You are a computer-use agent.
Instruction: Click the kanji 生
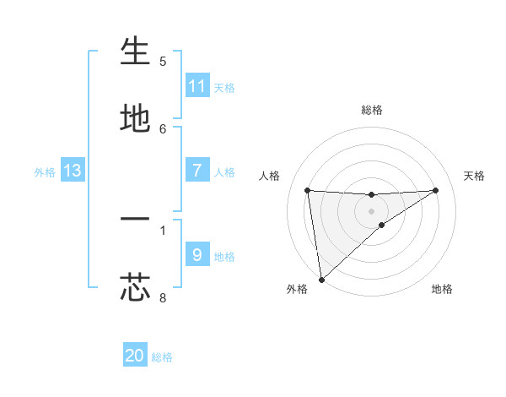click(135, 52)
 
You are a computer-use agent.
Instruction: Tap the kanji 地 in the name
click(135, 119)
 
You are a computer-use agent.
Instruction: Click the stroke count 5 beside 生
click(163, 61)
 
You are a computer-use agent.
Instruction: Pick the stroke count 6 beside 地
click(163, 128)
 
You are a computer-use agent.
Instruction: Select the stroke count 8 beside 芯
click(163, 297)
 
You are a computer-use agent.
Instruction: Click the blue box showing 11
click(197, 86)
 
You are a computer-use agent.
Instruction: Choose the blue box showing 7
click(197, 171)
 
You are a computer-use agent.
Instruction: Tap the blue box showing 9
click(197, 255)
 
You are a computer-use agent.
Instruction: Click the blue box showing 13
click(73, 171)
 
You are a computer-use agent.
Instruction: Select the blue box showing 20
click(135, 356)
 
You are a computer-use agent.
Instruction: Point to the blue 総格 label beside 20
click(162, 357)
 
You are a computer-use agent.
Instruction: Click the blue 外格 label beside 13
click(45, 171)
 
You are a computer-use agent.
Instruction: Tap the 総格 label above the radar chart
click(372, 110)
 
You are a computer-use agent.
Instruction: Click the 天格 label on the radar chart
click(475, 176)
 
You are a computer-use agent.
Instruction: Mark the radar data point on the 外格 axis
click(321, 279)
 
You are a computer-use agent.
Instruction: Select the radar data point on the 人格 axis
click(308, 190)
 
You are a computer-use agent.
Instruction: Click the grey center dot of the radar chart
click(372, 210)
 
